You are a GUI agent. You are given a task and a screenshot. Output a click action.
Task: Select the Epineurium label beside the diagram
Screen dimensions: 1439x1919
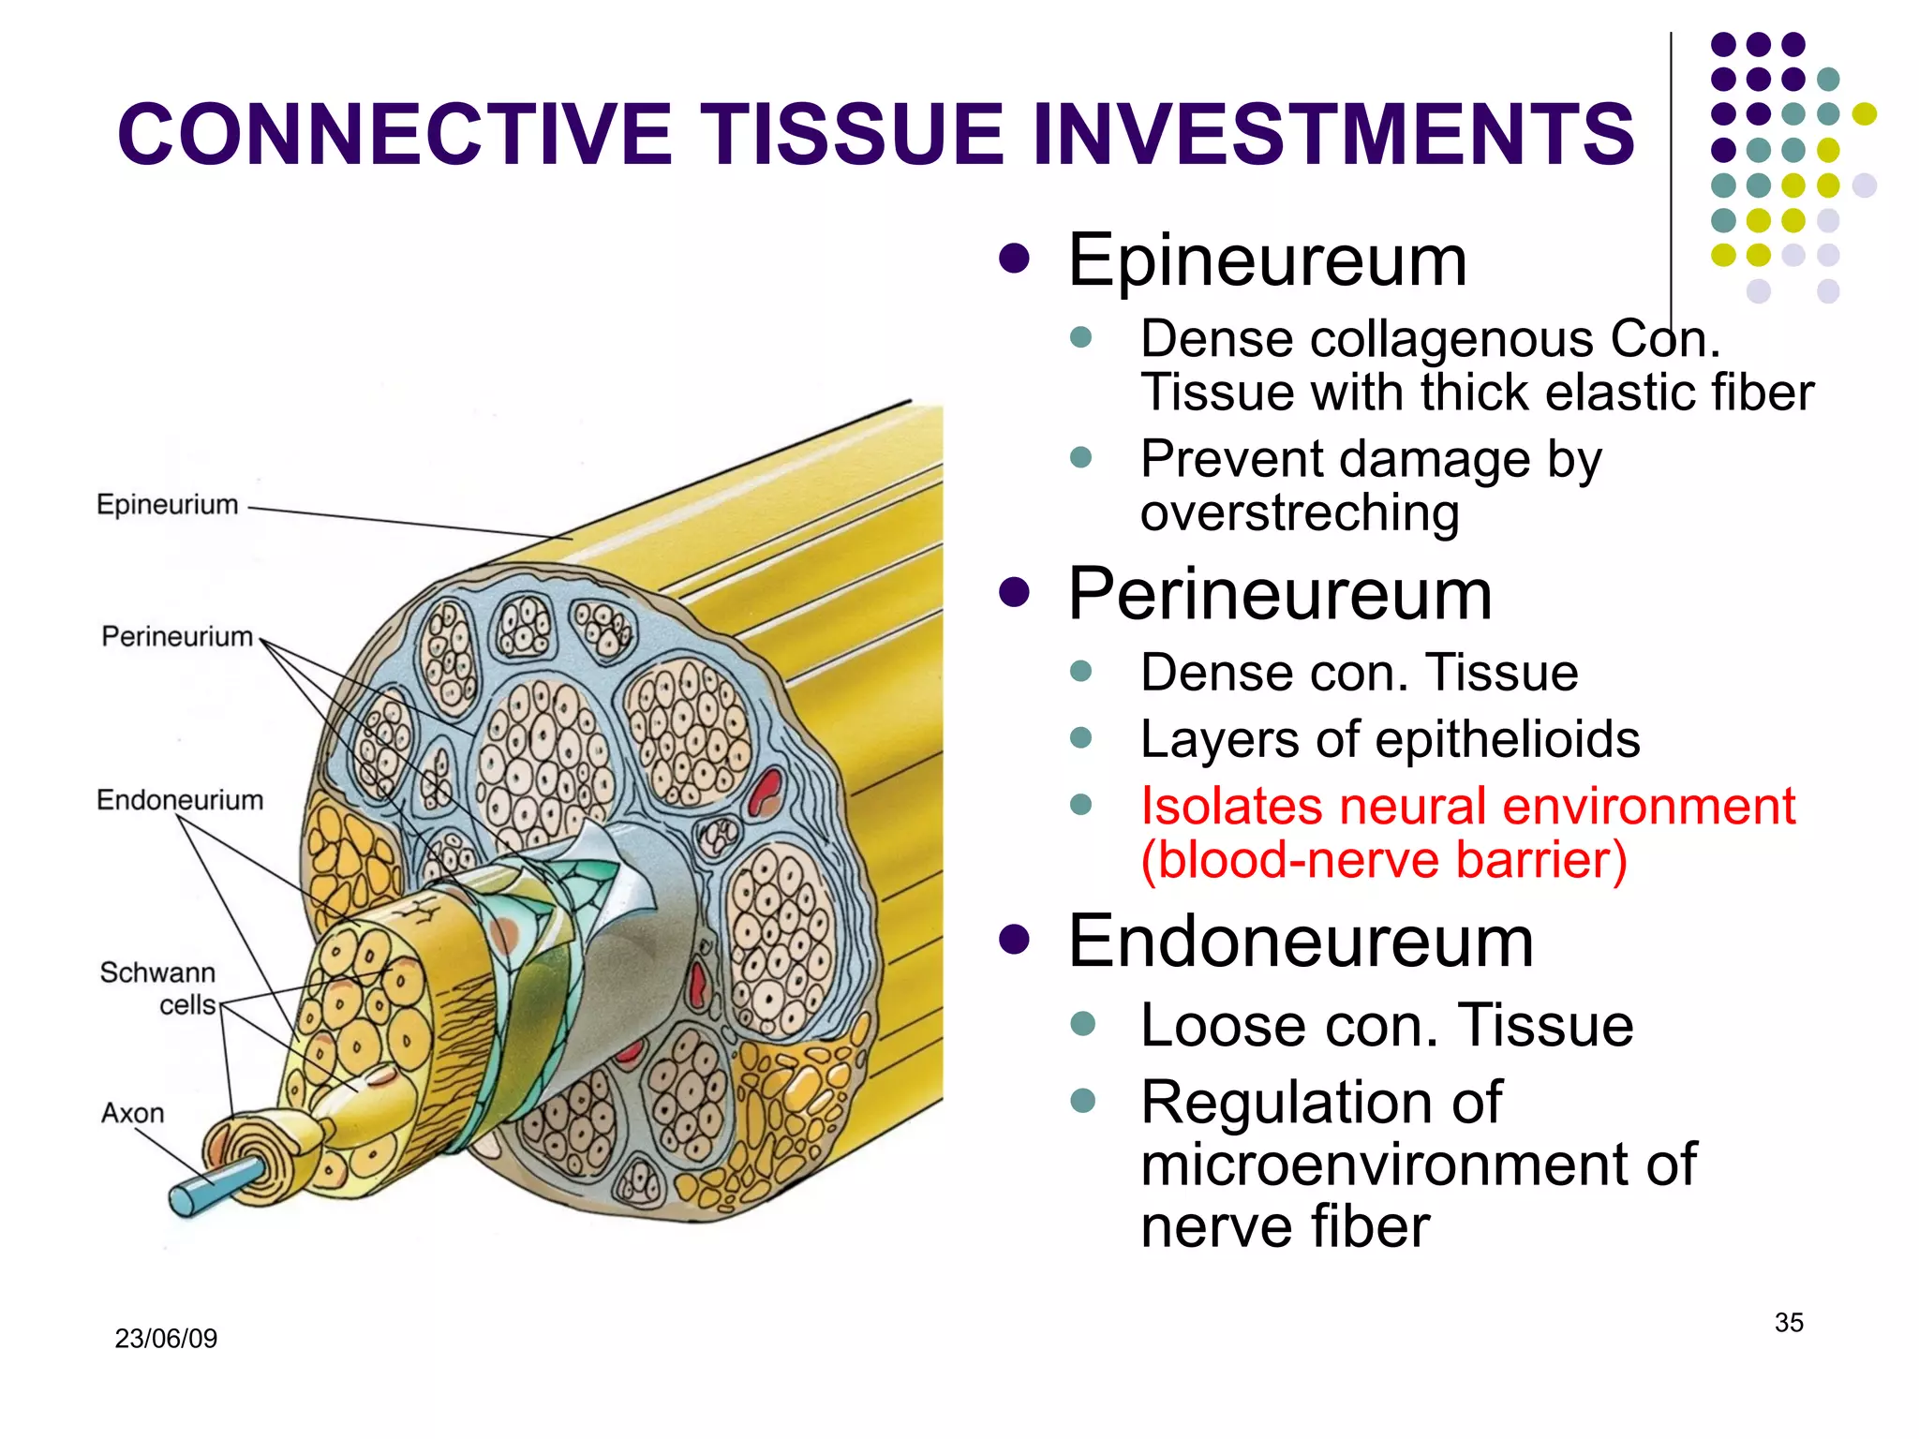(x=168, y=505)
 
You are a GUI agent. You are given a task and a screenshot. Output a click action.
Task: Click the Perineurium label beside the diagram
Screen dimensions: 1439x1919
(x=177, y=637)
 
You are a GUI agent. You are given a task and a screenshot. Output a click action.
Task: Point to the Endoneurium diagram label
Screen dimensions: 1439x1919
(x=180, y=800)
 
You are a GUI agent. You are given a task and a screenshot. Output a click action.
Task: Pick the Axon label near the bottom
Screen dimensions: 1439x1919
(x=132, y=1113)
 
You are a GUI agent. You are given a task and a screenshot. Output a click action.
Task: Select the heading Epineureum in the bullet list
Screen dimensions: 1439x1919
(x=1267, y=260)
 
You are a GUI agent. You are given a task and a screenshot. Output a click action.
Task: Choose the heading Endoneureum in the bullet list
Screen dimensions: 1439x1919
(x=1301, y=942)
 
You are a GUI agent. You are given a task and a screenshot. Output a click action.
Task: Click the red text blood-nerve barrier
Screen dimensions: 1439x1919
(x=1384, y=860)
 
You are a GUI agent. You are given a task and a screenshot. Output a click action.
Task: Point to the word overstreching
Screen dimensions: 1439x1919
(x=1300, y=513)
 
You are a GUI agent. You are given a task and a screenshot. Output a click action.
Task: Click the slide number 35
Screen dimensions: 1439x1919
(x=1788, y=1323)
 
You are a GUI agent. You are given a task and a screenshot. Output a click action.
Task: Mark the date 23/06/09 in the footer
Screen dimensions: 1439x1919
(x=166, y=1338)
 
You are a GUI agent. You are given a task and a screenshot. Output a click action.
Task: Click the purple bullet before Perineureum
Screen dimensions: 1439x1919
(x=1014, y=592)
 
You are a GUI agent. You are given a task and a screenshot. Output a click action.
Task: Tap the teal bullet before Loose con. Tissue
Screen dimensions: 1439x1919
(x=1082, y=1022)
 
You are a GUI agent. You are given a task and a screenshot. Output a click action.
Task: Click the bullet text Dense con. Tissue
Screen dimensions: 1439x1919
(x=1359, y=673)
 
